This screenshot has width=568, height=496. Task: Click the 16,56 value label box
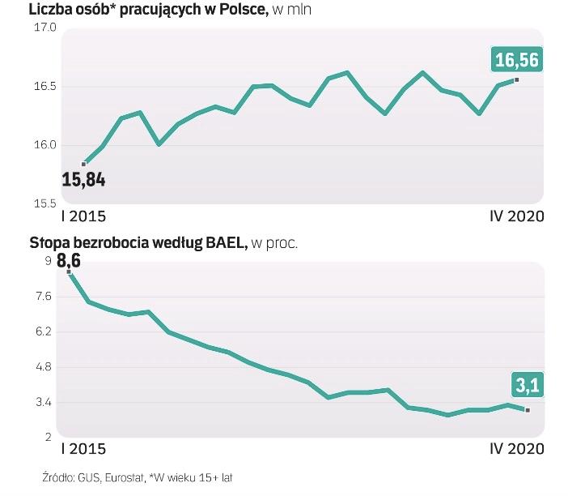tap(516, 60)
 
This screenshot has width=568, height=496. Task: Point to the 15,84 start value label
tap(83, 179)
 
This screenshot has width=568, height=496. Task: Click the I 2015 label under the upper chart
tap(83, 216)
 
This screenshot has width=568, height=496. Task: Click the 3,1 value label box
tap(525, 385)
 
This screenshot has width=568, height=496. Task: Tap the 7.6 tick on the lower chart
tap(44, 297)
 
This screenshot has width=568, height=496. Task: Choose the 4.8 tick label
tap(44, 367)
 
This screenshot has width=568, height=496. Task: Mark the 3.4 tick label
tap(44, 403)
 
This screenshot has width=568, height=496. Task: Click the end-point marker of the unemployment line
tap(528, 410)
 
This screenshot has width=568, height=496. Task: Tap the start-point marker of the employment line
tap(83, 164)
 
